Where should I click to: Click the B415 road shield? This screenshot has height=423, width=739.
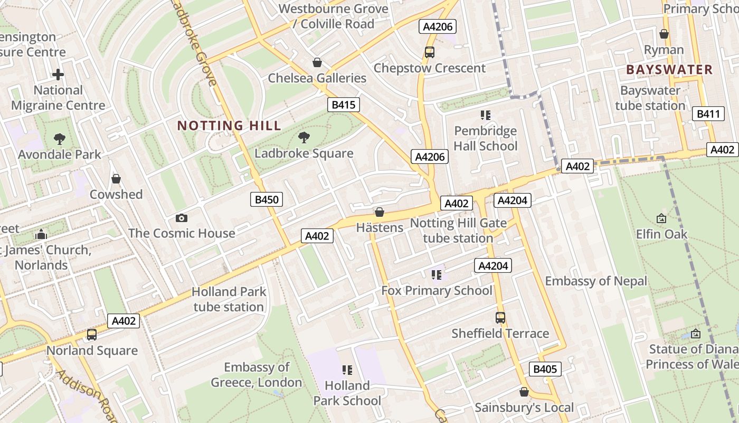(x=343, y=105)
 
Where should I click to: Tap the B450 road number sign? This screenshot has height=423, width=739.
(x=266, y=199)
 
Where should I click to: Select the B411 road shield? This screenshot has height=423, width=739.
(x=708, y=114)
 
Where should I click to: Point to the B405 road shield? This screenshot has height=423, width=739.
(x=545, y=369)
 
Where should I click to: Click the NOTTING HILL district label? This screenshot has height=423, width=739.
(x=229, y=126)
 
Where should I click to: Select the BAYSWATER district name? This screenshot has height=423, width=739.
(x=669, y=70)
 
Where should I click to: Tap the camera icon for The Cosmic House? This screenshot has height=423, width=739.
(x=181, y=218)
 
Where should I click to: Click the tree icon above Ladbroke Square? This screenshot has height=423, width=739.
(x=304, y=138)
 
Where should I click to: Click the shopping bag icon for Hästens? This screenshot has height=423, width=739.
(x=379, y=213)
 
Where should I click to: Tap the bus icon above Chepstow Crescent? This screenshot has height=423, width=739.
(x=429, y=52)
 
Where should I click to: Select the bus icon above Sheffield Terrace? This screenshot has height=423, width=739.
(x=500, y=318)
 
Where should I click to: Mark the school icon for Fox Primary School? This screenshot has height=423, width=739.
(x=436, y=275)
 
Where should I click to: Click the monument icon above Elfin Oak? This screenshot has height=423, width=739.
(x=661, y=218)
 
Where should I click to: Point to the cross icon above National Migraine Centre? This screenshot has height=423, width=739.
(x=58, y=75)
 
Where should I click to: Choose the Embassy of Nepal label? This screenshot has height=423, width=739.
(x=596, y=281)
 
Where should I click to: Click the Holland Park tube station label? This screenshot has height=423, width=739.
(x=229, y=299)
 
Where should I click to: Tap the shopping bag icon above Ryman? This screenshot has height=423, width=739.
(x=664, y=34)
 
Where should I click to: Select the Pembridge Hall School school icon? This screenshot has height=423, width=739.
(x=485, y=115)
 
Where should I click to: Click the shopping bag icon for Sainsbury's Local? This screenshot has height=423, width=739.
(x=524, y=392)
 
